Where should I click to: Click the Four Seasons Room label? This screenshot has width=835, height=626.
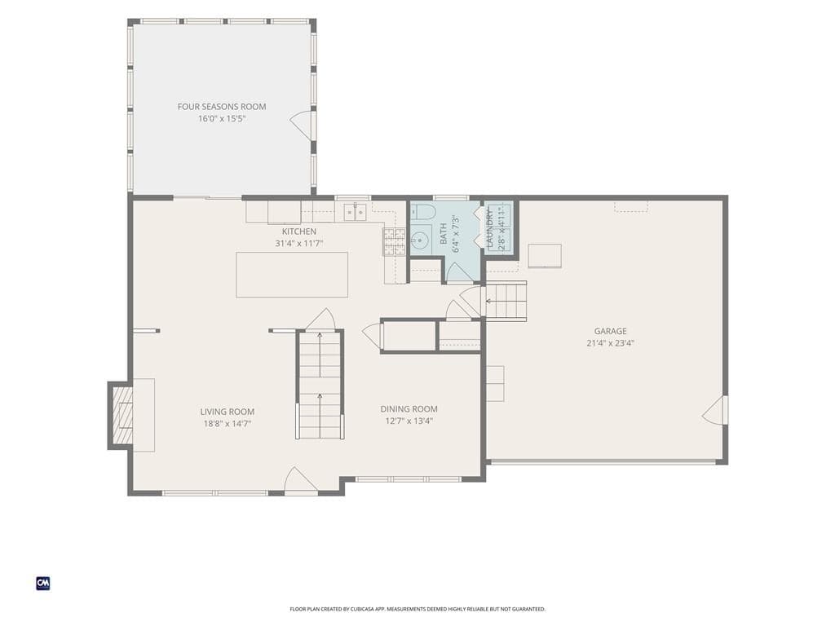pyautogui.click(x=222, y=107)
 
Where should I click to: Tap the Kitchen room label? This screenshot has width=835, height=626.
pyautogui.click(x=298, y=231)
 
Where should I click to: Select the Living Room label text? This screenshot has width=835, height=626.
pyautogui.click(x=228, y=412)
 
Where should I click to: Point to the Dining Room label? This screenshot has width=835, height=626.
pyautogui.click(x=409, y=409)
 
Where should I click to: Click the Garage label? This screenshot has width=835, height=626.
pyautogui.click(x=610, y=331)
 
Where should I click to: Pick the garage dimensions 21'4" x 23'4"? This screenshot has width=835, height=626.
pyautogui.click(x=610, y=343)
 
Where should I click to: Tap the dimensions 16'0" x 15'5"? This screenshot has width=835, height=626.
pyautogui.click(x=222, y=119)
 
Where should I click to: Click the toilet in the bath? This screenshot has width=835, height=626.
pyautogui.click(x=423, y=212)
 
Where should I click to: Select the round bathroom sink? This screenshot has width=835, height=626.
pyautogui.click(x=421, y=240)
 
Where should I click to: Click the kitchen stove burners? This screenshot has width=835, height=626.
pyautogui.click(x=395, y=241)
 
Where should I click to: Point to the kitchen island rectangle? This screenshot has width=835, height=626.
pyautogui.click(x=292, y=275)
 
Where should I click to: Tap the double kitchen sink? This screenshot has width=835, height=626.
pyautogui.click(x=355, y=213)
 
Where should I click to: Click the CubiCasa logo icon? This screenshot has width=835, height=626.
pyautogui.click(x=43, y=584)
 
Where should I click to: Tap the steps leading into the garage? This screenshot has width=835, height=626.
pyautogui.click(x=506, y=302)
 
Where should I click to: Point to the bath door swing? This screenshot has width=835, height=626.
pyautogui.click(x=458, y=271)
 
